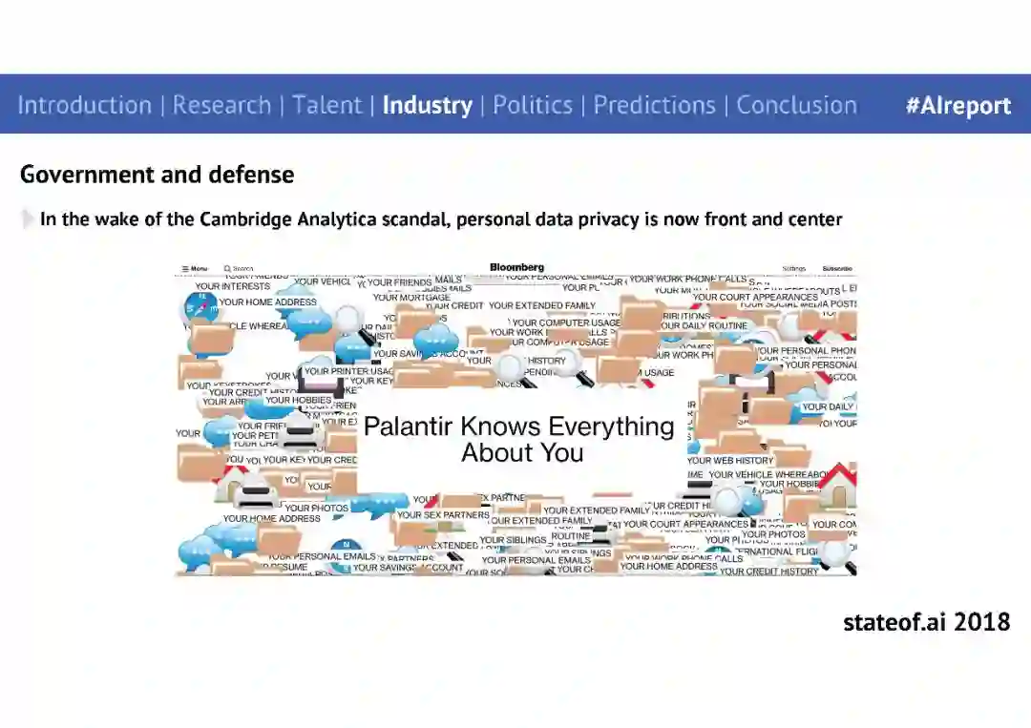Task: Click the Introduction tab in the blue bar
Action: (84, 105)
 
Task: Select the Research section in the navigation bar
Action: (221, 105)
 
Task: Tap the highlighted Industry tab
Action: (427, 105)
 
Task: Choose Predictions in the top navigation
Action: (654, 105)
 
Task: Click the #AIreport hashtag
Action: (957, 105)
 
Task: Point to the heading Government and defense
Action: (157, 175)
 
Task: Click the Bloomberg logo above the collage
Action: (516, 267)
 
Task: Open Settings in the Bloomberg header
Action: (793, 269)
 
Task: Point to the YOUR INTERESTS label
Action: (233, 286)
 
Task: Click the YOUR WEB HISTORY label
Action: (730, 461)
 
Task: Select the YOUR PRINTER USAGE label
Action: (349, 371)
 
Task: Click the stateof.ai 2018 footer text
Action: (926, 622)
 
